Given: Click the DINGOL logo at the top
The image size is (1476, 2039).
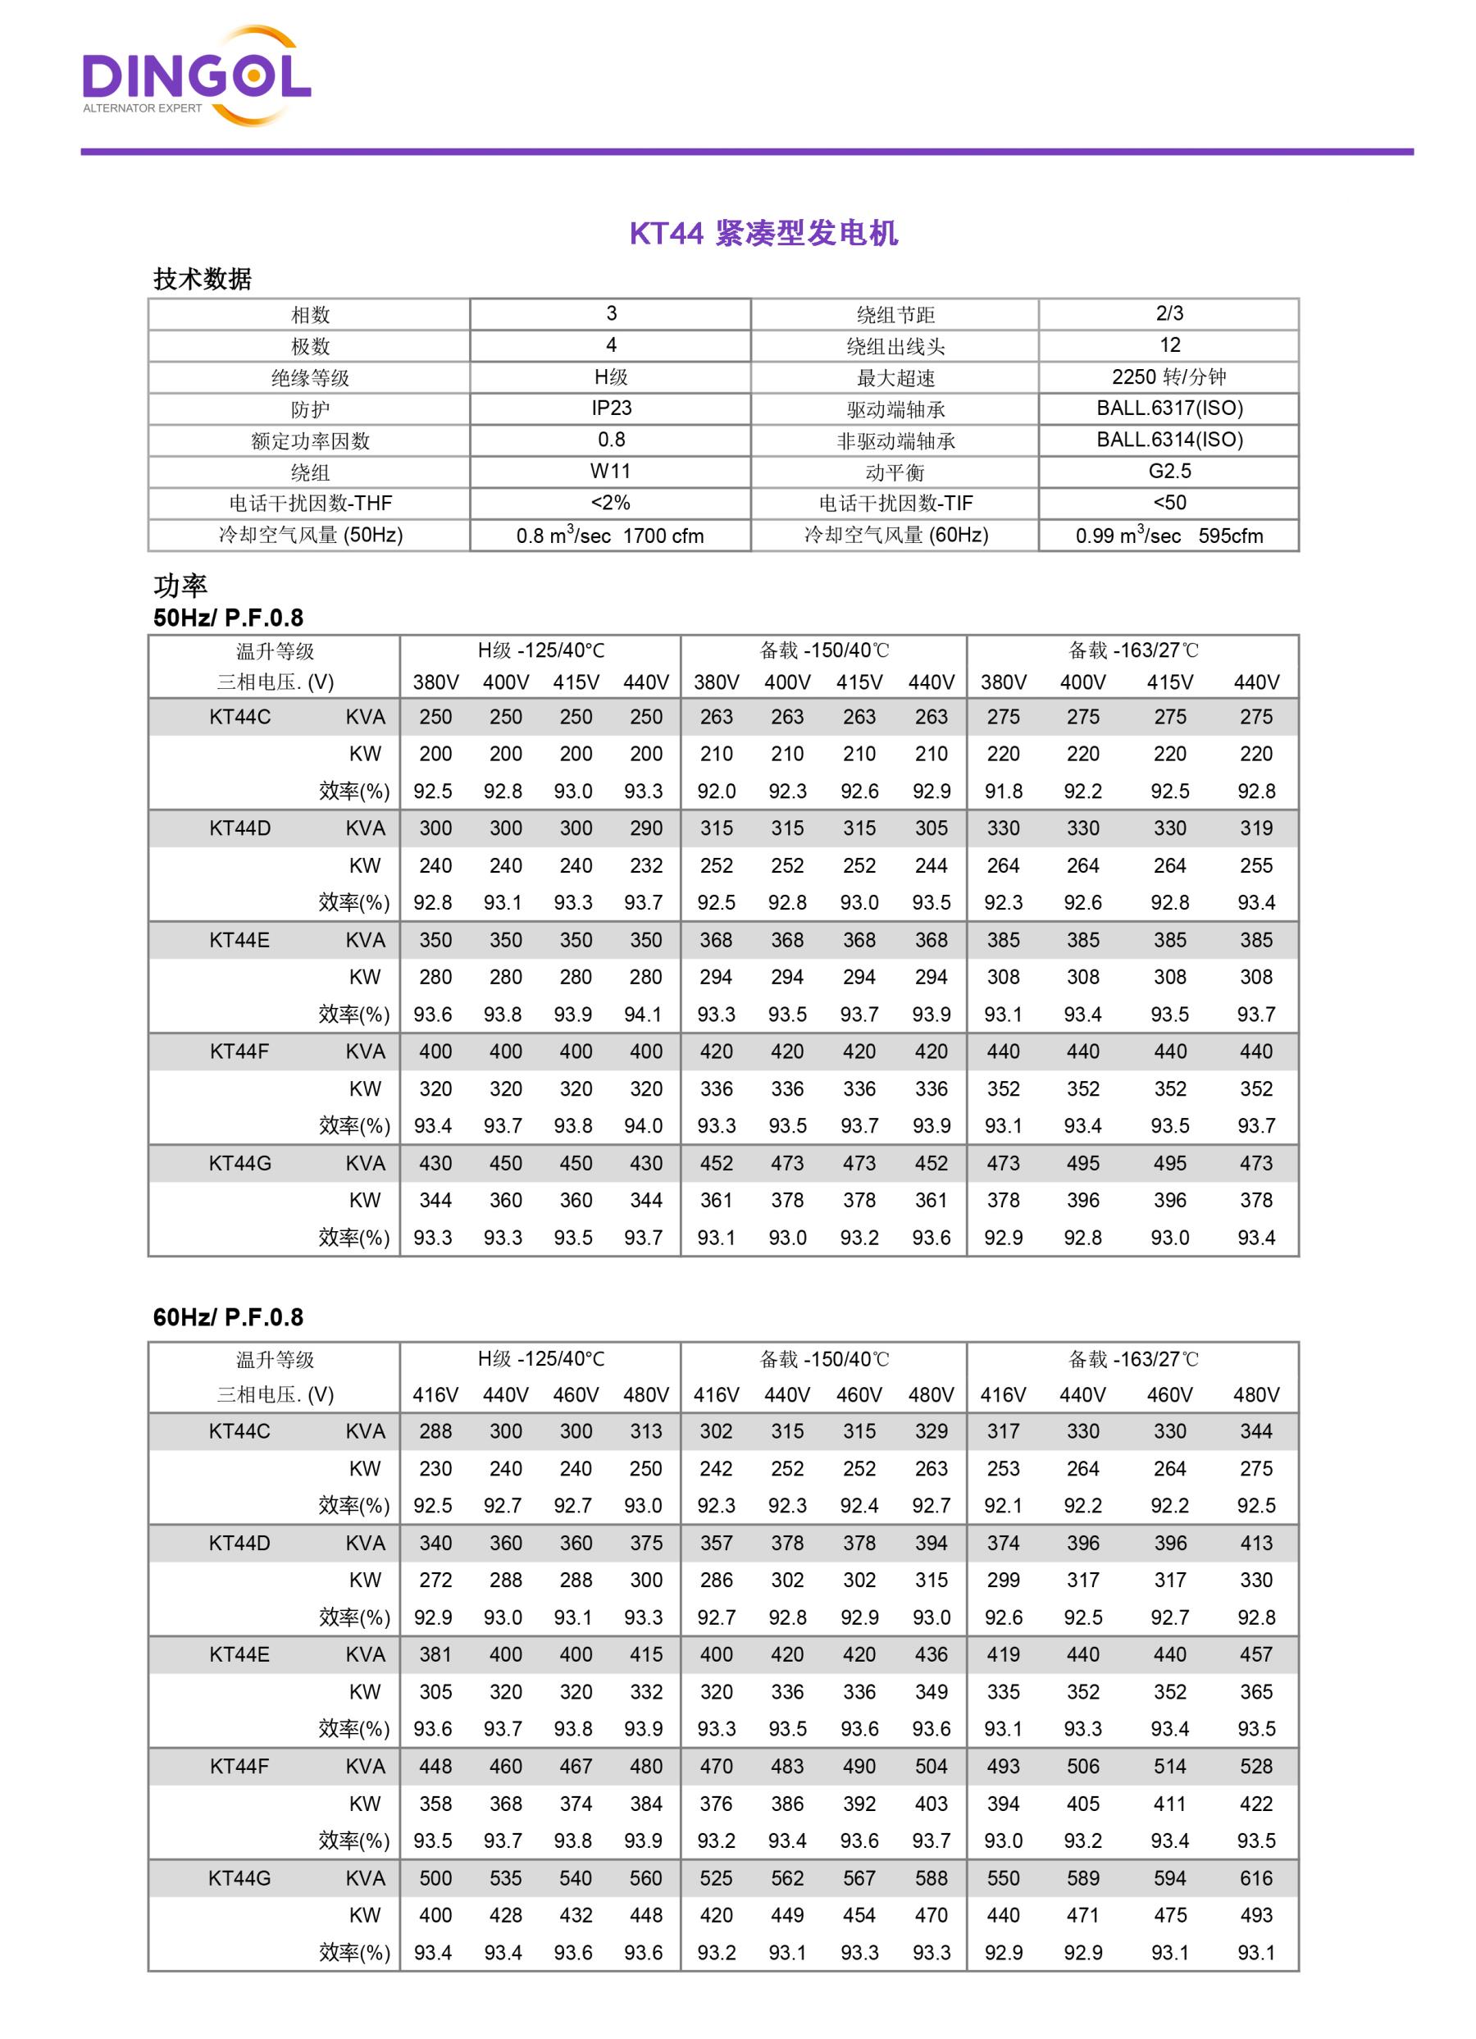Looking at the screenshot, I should pyautogui.click(x=196, y=77).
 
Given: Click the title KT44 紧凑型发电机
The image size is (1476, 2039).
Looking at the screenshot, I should pyautogui.click(x=763, y=234).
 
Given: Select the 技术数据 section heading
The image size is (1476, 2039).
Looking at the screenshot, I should pyautogui.click(x=203, y=279).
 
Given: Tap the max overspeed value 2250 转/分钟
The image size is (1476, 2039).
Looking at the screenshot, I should pyautogui.click(x=1168, y=376).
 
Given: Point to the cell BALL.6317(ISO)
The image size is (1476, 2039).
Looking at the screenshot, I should pyautogui.click(x=1168, y=408).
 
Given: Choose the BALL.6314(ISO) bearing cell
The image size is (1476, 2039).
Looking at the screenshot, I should pyautogui.click(x=1168, y=440).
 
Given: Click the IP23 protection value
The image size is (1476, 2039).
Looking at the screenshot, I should pyautogui.click(x=611, y=408).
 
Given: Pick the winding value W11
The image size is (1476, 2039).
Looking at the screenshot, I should pyautogui.click(x=611, y=471).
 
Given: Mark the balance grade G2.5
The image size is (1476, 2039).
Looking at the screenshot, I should pyautogui.click(x=1168, y=471).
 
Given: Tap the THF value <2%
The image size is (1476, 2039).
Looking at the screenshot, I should pyautogui.click(x=611, y=503).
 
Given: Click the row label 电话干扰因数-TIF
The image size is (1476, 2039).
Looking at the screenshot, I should pyautogui.click(x=895, y=504).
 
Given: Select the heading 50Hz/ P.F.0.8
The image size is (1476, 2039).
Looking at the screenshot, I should pyautogui.click(x=228, y=618).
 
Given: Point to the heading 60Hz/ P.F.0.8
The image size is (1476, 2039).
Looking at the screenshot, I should pyautogui.click(x=228, y=1317).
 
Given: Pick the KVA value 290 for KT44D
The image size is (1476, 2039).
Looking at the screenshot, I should pyautogui.click(x=645, y=828).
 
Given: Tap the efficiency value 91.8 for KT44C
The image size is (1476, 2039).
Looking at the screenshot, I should pyautogui.click(x=1003, y=791).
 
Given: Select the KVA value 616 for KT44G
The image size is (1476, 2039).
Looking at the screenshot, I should pyautogui.click(x=1255, y=1878).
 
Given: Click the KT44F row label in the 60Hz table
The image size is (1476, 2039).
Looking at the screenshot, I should pyautogui.click(x=239, y=1767).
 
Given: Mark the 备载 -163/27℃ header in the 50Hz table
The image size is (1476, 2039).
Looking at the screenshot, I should pyautogui.click(x=1132, y=650).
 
